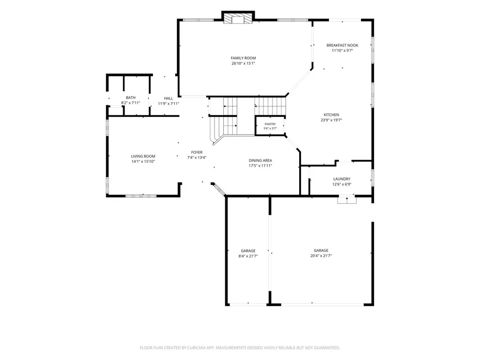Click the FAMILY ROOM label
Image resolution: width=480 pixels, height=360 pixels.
pyautogui.click(x=243, y=58)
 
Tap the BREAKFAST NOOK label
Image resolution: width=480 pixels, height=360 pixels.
pyautogui.click(x=342, y=45)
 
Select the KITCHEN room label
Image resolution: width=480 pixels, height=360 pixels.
pyautogui.click(x=331, y=115)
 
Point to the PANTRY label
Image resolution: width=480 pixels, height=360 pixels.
pyautogui.click(x=270, y=124)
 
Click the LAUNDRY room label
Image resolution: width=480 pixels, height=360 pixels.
pyautogui.click(x=342, y=179)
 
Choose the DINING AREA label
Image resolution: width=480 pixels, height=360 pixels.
pyautogui.click(x=260, y=161)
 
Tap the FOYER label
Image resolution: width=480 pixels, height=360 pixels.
pyautogui.click(x=197, y=152)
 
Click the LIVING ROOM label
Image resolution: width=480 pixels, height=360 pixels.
pyautogui.click(x=143, y=156)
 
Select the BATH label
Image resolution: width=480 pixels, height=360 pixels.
pyautogui.click(x=130, y=98)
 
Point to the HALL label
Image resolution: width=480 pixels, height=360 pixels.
pyautogui.click(x=169, y=98)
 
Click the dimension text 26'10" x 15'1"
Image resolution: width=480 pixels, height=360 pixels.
pyautogui.click(x=243, y=63)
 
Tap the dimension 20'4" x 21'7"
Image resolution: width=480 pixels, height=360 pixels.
pyautogui.click(x=321, y=256)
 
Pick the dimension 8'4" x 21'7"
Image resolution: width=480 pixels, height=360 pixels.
pyautogui.click(x=248, y=256)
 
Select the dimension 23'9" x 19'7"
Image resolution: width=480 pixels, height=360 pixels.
pyautogui.click(x=331, y=120)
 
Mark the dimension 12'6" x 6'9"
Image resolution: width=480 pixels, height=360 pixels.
pyautogui.click(x=342, y=184)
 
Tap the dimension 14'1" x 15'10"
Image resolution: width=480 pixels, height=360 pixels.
pyautogui.click(x=143, y=162)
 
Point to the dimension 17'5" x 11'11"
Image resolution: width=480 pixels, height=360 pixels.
pyautogui.click(x=260, y=166)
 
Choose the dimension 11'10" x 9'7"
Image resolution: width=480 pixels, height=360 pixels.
pyautogui.click(x=342, y=51)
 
